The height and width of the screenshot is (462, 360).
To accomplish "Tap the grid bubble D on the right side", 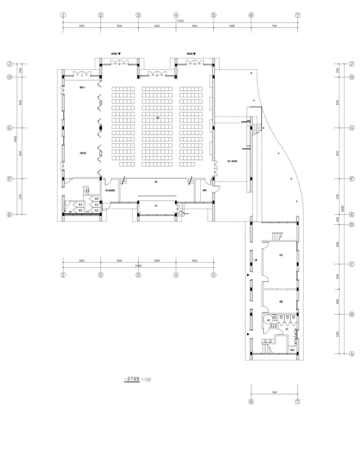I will [x=352, y=225].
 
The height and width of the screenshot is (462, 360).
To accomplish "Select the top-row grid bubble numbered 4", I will [x=176, y=15].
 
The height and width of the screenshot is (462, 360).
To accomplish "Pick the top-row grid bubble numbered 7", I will [x=298, y=15].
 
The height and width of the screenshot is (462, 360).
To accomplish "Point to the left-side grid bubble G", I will [x=10, y=128].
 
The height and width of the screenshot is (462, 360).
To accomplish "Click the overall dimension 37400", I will [x=180, y=21].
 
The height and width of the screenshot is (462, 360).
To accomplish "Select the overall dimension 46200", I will [x=342, y=208].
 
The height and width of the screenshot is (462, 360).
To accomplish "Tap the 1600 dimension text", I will [x=337, y=220].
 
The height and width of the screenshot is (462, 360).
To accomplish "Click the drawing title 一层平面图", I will [x=132, y=380].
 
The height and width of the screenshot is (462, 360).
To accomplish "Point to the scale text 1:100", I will [x=146, y=380].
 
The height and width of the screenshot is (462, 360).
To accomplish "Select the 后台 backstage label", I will [x=156, y=206].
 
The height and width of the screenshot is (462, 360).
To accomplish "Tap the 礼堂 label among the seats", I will [x=158, y=118].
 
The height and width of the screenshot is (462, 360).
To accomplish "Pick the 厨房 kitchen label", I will [x=281, y=255].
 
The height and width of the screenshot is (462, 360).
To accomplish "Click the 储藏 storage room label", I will [x=281, y=302].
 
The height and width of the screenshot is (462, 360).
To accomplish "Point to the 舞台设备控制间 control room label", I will [x=110, y=190].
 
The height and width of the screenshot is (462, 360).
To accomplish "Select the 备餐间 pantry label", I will [x=204, y=190].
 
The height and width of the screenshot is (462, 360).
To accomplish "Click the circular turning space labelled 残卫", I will [x=269, y=320].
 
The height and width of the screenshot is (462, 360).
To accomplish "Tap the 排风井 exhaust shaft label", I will [x=292, y=350].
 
